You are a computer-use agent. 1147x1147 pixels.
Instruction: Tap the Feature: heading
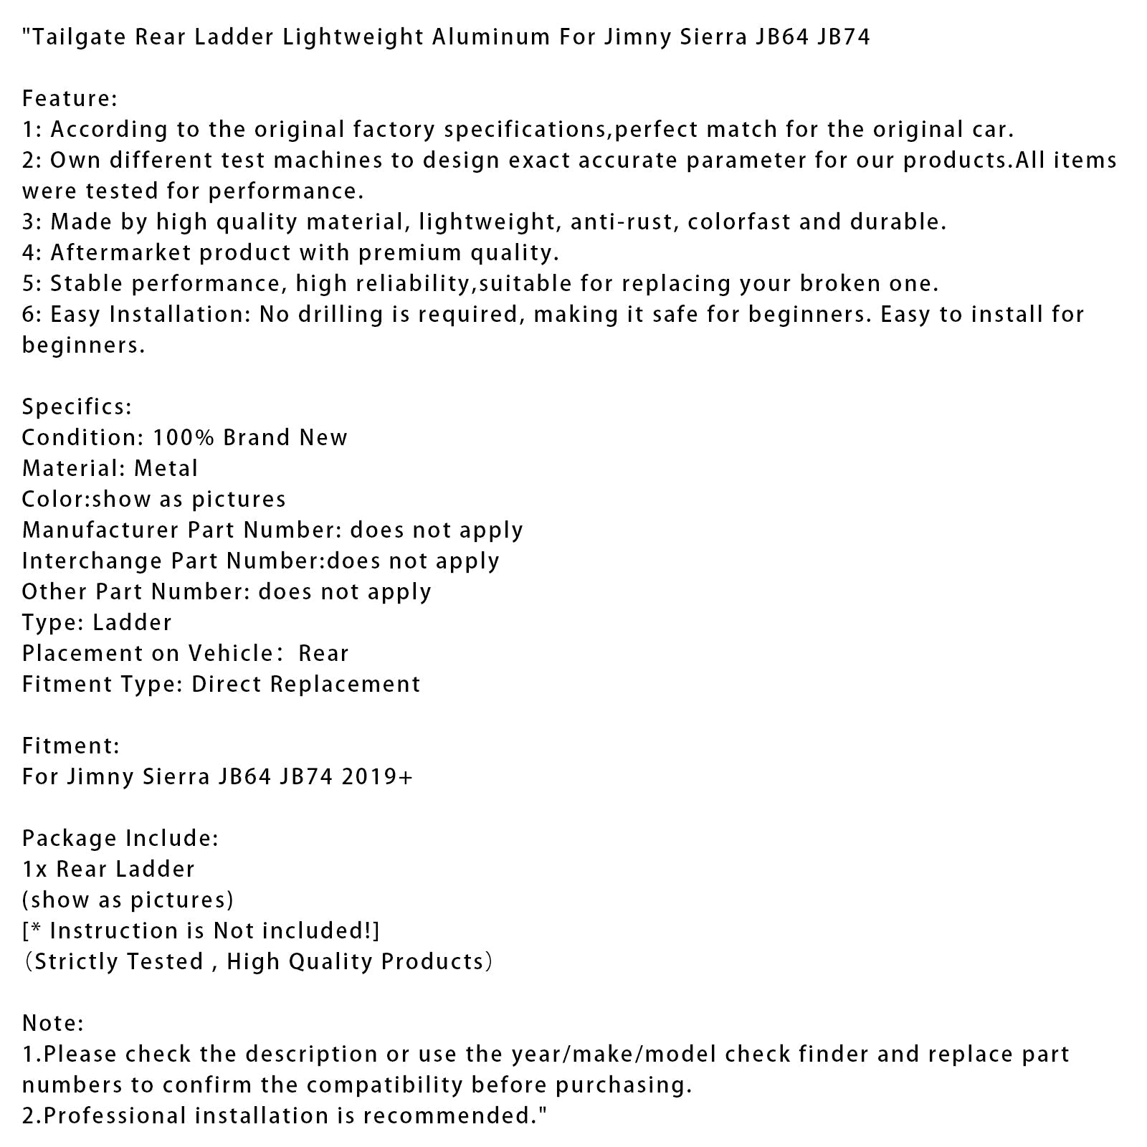[x=70, y=98]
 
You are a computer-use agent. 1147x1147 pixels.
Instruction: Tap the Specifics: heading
[x=77, y=407]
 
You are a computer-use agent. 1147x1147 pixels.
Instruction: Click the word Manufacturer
[x=100, y=530]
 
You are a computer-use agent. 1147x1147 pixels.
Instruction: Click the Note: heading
[x=53, y=1024]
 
